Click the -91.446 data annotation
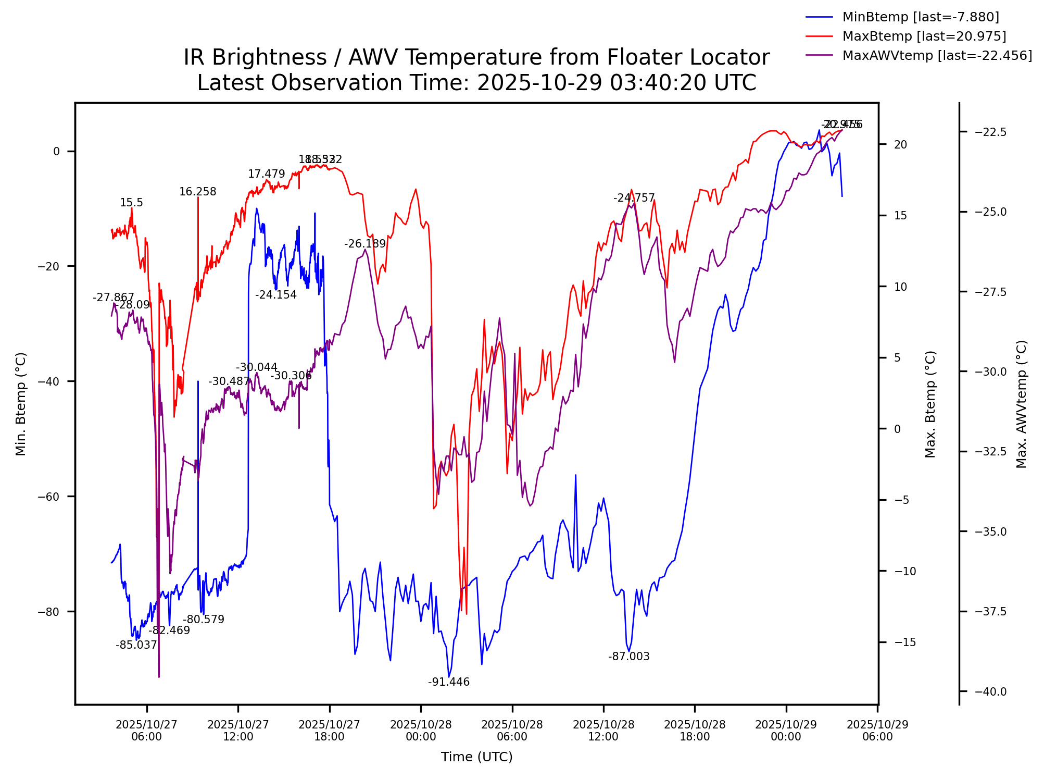point(449,682)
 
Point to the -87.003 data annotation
point(628,657)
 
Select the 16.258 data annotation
point(197,192)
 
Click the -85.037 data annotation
point(136,645)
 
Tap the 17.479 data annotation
point(266,174)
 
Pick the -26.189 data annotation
point(365,244)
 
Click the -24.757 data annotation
point(634,198)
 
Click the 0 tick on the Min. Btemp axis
point(56,152)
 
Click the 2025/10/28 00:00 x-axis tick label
point(421,730)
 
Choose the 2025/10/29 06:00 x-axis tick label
point(877,730)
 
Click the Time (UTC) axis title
point(476,757)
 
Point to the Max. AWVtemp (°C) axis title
point(1022,404)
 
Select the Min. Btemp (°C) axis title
point(21,404)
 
